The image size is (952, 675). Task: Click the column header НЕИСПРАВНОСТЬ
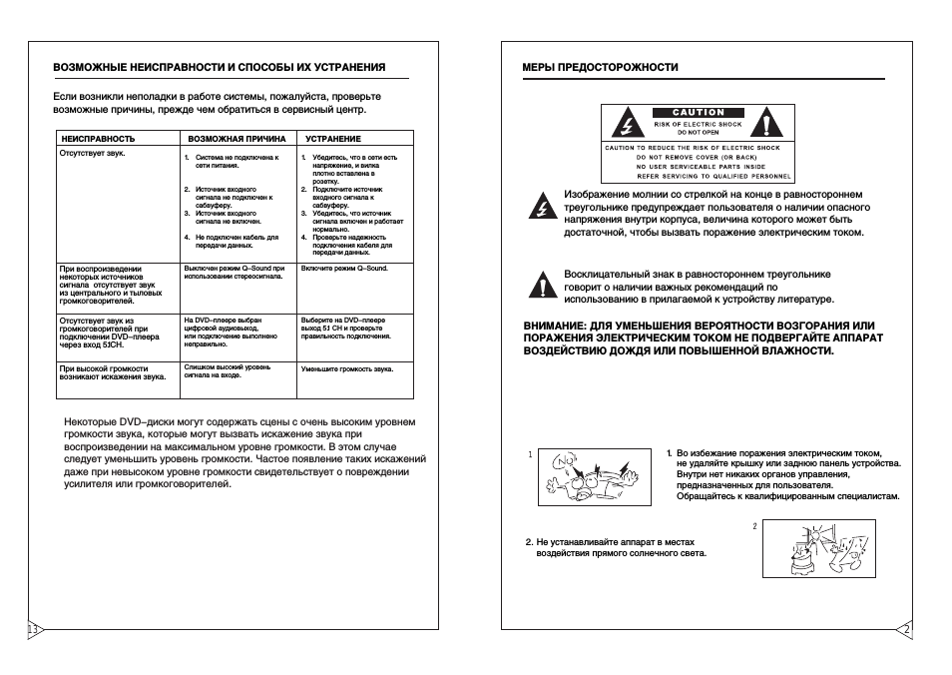pos(98,139)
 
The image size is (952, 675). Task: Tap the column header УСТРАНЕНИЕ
pos(333,139)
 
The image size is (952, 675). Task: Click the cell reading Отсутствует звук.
pos(92,155)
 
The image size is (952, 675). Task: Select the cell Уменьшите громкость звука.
pos(346,368)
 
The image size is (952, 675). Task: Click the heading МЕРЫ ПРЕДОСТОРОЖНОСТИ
pos(586,67)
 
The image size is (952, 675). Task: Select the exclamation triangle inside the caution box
pos(766,125)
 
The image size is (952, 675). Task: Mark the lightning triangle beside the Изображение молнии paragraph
pos(543,208)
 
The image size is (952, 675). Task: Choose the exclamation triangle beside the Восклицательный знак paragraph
pos(543,286)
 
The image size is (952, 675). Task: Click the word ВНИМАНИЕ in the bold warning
pos(555,326)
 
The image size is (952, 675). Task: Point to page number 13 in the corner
pos(33,630)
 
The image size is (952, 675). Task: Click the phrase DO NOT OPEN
pos(698,132)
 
